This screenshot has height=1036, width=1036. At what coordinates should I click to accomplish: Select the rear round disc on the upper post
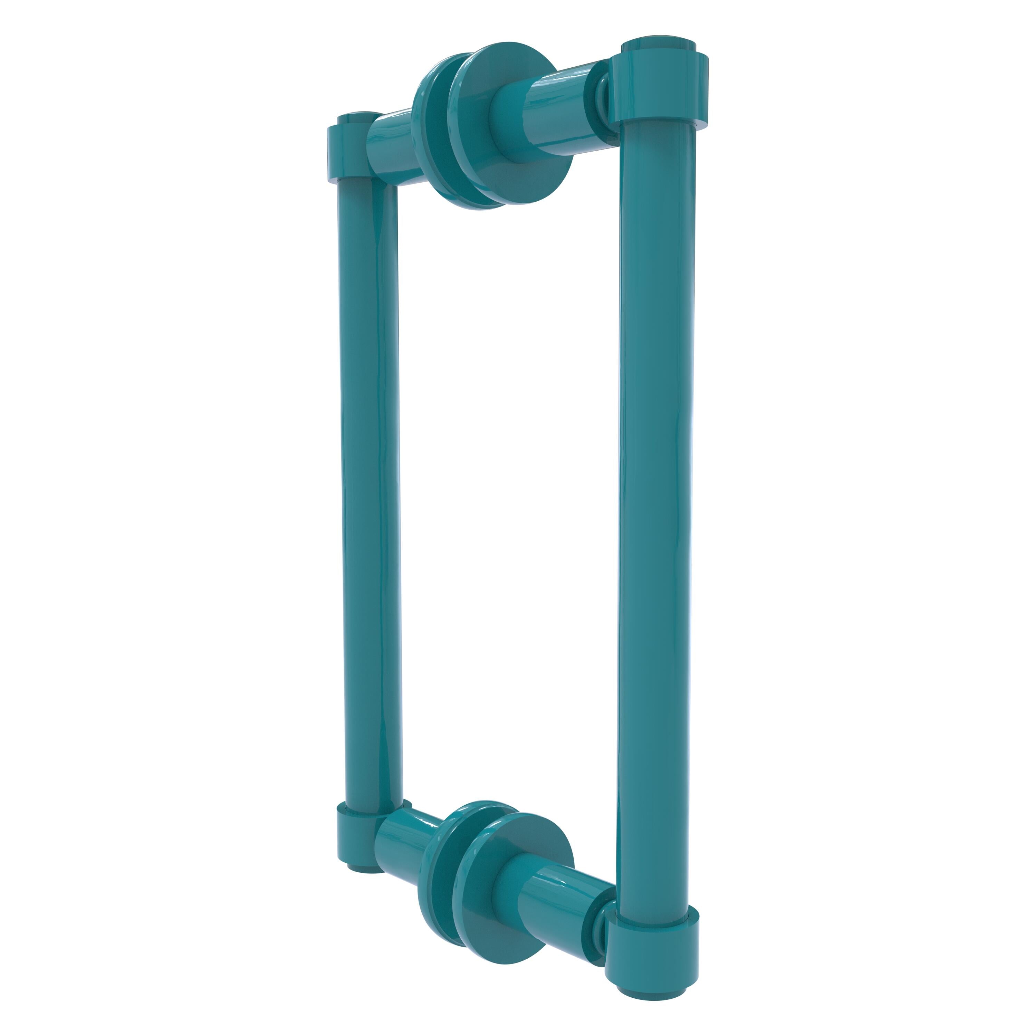pos(429,145)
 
